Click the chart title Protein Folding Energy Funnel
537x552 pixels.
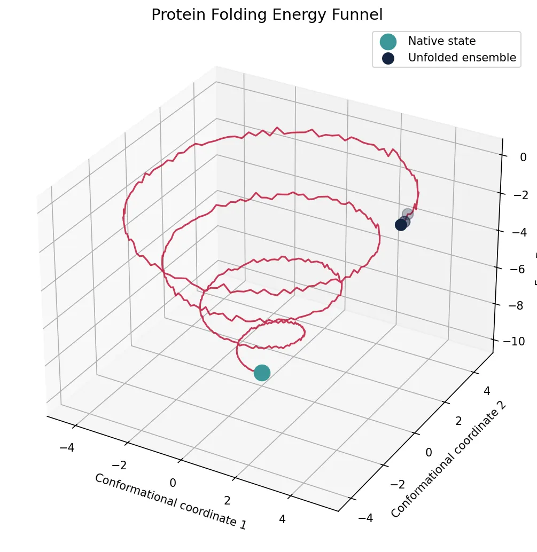[x=267, y=14]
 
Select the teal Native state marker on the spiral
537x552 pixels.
[x=262, y=373]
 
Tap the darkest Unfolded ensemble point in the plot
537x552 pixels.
[x=401, y=225]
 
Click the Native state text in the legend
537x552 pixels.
[x=441, y=41]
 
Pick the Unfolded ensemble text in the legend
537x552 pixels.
[x=462, y=58]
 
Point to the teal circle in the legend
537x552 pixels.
[x=388, y=41]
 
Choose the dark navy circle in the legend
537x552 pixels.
[x=388, y=58]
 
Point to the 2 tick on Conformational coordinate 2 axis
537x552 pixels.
[x=458, y=421]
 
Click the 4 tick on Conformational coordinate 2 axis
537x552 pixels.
[x=487, y=391]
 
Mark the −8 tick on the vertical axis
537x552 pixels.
[x=515, y=306]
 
